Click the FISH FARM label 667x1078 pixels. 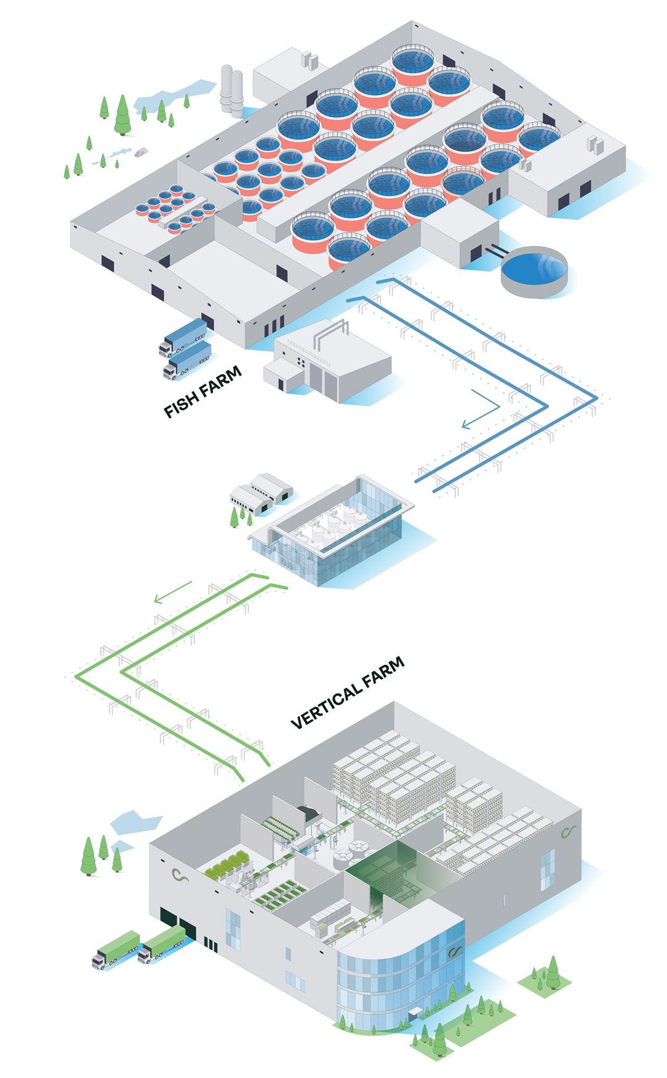point(202,392)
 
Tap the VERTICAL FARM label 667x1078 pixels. point(347,693)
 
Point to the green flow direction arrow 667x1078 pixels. point(173,591)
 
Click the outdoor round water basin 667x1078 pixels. point(534,270)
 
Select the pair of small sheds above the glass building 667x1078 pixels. point(261,491)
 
